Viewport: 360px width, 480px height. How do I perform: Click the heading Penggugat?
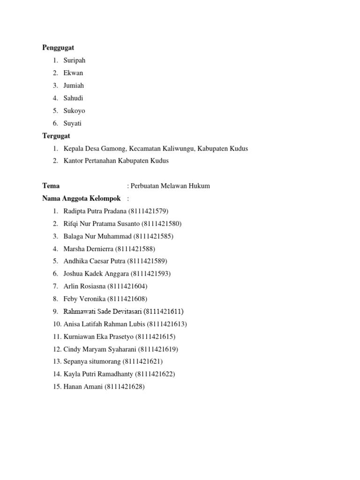(58, 48)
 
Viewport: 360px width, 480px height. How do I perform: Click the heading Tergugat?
(56, 136)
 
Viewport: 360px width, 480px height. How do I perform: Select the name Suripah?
(75, 60)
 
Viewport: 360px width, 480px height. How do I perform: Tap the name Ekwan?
(73, 73)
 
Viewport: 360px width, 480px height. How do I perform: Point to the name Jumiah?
(74, 86)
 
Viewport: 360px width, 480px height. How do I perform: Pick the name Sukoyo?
(74, 111)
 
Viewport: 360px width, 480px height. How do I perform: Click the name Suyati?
(72, 124)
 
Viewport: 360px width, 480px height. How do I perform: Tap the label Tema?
(51, 186)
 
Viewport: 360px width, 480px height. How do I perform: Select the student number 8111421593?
(150, 274)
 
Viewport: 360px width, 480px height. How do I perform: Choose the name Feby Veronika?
(84, 299)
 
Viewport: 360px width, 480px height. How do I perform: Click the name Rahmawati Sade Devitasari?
(103, 312)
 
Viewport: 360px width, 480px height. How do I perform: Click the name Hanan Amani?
(83, 387)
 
